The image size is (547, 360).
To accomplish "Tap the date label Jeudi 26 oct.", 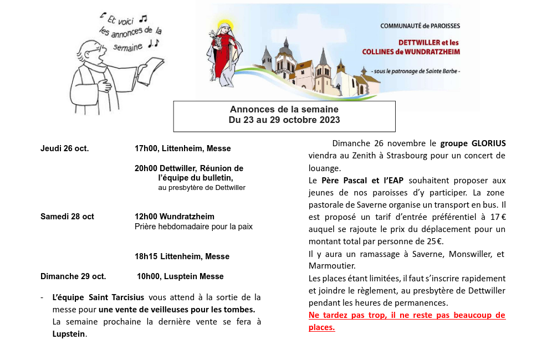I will tap(64, 148).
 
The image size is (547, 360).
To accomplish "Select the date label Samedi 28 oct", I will tap(67, 217).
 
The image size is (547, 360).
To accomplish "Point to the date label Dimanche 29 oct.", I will tap(73, 276).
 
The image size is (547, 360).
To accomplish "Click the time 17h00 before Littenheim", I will tap(146, 148).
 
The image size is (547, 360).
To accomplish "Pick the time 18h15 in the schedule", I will tap(146, 256).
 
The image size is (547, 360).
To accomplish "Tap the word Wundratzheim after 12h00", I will tap(187, 217).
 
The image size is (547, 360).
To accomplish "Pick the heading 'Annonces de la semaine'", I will tap(284, 110).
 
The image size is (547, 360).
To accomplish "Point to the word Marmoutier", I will tap(331, 266).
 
